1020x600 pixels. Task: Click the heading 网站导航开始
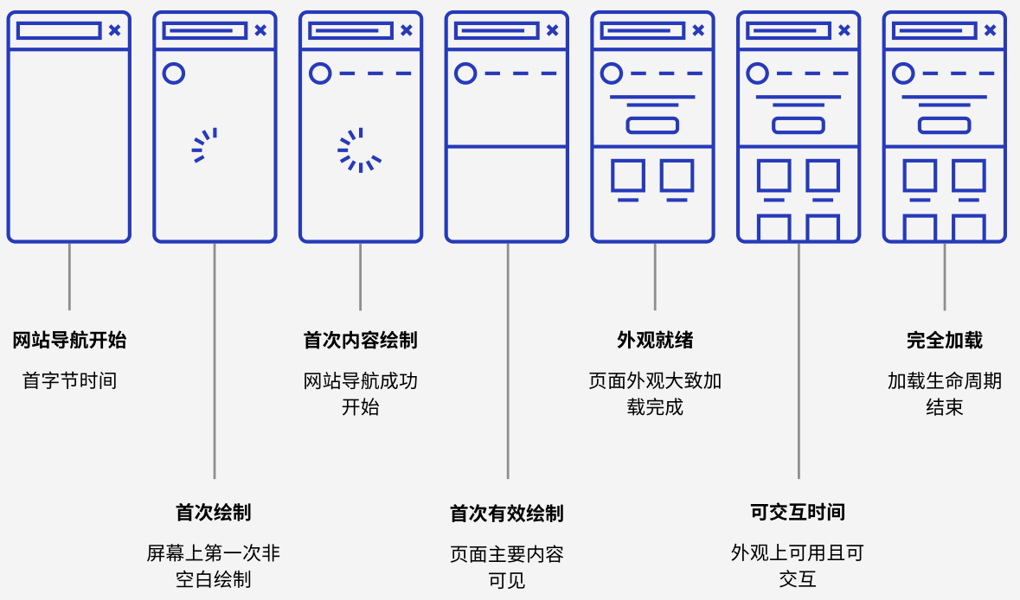click(69, 341)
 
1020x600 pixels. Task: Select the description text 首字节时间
click(69, 380)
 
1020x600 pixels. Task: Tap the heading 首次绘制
click(214, 513)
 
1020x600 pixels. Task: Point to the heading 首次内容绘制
click(360, 341)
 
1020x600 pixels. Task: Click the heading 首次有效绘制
click(507, 514)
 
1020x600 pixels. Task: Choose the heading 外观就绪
click(655, 341)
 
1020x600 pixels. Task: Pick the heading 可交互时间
click(798, 513)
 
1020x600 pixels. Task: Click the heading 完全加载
click(945, 341)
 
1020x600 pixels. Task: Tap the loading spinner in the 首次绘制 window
click(205, 145)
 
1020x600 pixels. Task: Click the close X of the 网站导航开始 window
click(114, 30)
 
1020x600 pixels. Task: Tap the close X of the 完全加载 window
click(990, 30)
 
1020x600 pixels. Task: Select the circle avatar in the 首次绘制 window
click(174, 73)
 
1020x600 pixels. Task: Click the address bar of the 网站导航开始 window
click(59, 30)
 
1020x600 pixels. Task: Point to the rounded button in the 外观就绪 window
click(652, 125)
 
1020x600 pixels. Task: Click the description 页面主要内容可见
click(507, 567)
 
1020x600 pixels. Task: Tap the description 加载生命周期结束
click(945, 393)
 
